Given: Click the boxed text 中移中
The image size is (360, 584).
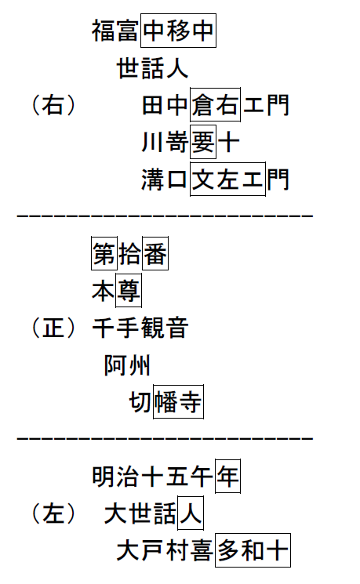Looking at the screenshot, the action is coord(178,31).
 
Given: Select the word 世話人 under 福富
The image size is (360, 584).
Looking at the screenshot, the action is coord(153,68).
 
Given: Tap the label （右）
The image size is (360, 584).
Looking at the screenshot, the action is coord(53,105).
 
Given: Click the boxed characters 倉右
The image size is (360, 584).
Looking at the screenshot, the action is coord(215,105).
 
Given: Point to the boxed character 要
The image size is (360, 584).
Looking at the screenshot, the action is coord(202,142).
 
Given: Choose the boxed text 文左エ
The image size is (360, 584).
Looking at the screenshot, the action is coord(227,180).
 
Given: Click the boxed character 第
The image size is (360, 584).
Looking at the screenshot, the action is coord(104,253).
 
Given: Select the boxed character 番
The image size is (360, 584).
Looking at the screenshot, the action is coord(155,253).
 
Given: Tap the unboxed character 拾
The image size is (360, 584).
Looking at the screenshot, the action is coord(129,254).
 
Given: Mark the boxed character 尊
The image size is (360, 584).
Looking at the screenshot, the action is coord(129,291).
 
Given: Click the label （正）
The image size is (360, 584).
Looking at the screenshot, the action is coord(53,328).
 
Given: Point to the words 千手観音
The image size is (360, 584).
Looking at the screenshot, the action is coord(140,328).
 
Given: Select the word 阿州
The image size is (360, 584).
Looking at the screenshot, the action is coord(127,365).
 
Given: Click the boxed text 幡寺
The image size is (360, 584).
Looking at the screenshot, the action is coord(178,402).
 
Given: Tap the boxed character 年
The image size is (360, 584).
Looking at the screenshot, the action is coord(227,476).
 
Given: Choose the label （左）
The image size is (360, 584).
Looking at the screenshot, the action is coord(53,513).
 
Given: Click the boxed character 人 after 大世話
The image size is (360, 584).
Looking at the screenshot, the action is coord(191,513).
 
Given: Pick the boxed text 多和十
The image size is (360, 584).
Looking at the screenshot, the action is coord(253,550).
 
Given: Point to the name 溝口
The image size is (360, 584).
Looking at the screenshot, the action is coord(165,180).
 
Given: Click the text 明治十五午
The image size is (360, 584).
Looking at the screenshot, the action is coord(152,477).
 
